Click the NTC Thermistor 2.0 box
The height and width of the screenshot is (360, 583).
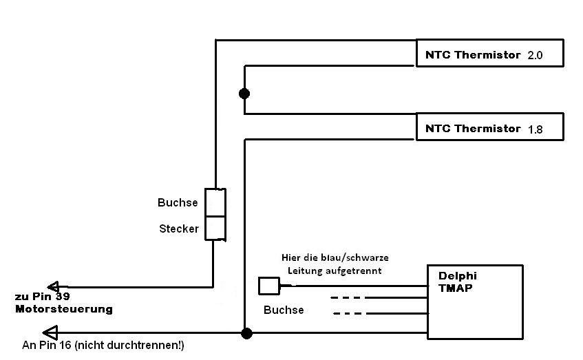(489, 53)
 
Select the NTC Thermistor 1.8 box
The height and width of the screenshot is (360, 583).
(489, 127)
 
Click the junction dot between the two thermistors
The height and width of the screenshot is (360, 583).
(244, 93)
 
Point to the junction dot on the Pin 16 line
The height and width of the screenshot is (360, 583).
(246, 334)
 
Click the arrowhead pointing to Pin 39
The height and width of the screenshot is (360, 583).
(54, 286)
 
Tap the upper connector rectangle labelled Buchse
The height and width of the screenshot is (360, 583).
(215, 202)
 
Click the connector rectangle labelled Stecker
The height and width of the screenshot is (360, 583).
(215, 228)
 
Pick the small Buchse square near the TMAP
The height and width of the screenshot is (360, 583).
(268, 286)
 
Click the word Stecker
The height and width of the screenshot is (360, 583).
(179, 229)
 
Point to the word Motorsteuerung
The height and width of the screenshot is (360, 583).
(63, 310)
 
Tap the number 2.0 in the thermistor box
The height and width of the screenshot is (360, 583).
(535, 56)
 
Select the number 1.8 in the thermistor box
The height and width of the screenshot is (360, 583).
(535, 129)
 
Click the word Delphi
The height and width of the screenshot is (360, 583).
(458, 276)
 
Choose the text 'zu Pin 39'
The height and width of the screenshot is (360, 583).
(42, 297)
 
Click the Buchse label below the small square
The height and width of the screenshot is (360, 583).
(284, 310)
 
